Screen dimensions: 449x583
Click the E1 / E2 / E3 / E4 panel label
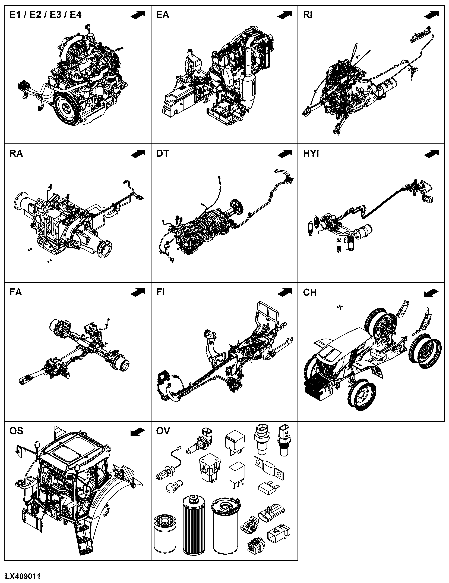point(45,14)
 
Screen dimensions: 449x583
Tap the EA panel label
point(163,14)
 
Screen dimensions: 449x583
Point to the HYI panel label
point(311,154)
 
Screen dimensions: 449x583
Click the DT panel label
point(163,154)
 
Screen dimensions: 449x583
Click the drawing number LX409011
point(23,576)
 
